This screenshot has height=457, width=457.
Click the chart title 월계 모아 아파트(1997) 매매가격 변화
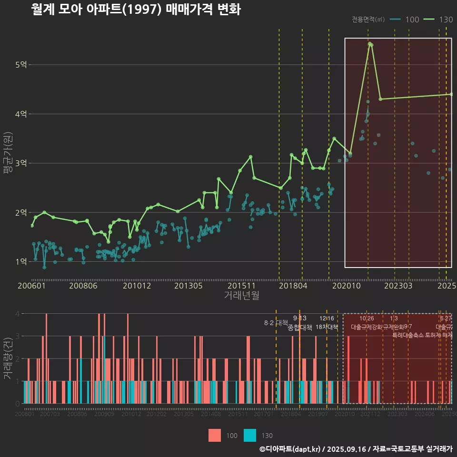(x=136, y=10)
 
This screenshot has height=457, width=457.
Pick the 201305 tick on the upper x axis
(x=189, y=286)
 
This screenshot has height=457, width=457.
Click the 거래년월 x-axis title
(x=241, y=295)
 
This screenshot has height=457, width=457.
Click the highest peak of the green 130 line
(x=369, y=44)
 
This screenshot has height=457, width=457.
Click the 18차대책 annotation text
(x=327, y=327)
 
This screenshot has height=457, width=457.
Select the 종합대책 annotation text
(x=300, y=328)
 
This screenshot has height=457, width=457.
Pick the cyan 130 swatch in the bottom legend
(x=250, y=436)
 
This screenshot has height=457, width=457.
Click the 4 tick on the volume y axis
(x=17, y=314)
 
